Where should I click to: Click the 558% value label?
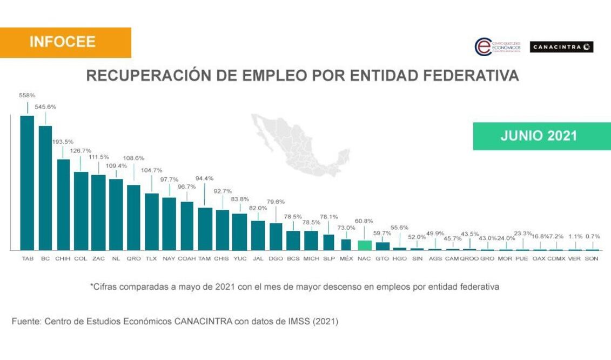[x=27, y=95]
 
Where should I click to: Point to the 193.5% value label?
[x=63, y=142]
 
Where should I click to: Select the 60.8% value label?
[x=364, y=221]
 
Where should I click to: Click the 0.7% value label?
[x=592, y=236]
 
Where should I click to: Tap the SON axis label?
[x=592, y=258]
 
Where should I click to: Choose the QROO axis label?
[x=469, y=258]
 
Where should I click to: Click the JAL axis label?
[x=258, y=258]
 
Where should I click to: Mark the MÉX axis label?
[x=346, y=258]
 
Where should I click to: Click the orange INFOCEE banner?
[x=65, y=43]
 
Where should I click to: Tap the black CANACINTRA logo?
[x=561, y=47]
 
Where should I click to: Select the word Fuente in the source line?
[x=26, y=321]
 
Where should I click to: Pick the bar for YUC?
[x=239, y=231]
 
